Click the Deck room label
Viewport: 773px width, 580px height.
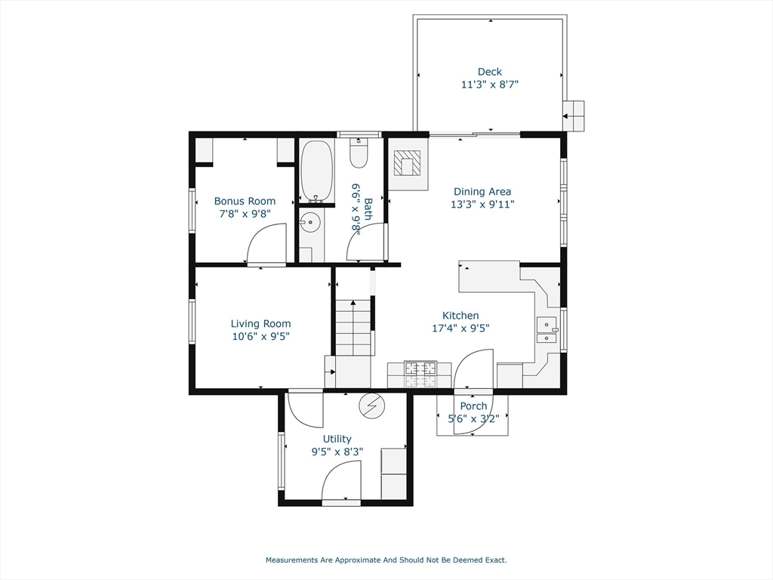pyautogui.click(x=489, y=72)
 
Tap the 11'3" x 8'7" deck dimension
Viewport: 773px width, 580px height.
pyautogui.click(x=489, y=85)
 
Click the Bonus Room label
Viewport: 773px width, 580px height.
pyautogui.click(x=245, y=201)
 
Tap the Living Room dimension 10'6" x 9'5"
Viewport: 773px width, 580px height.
pyautogui.click(x=260, y=336)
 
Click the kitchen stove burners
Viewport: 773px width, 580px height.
pyautogui.click(x=420, y=369)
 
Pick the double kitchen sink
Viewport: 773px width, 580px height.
pyautogui.click(x=547, y=331)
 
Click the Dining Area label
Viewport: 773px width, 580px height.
pyautogui.click(x=482, y=192)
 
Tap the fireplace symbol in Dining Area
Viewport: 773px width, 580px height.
pyautogui.click(x=408, y=162)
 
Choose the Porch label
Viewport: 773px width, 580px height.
pyautogui.click(x=473, y=406)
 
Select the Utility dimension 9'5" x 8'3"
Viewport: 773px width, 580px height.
pyautogui.click(x=337, y=452)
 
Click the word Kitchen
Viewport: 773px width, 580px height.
pyautogui.click(x=460, y=316)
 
